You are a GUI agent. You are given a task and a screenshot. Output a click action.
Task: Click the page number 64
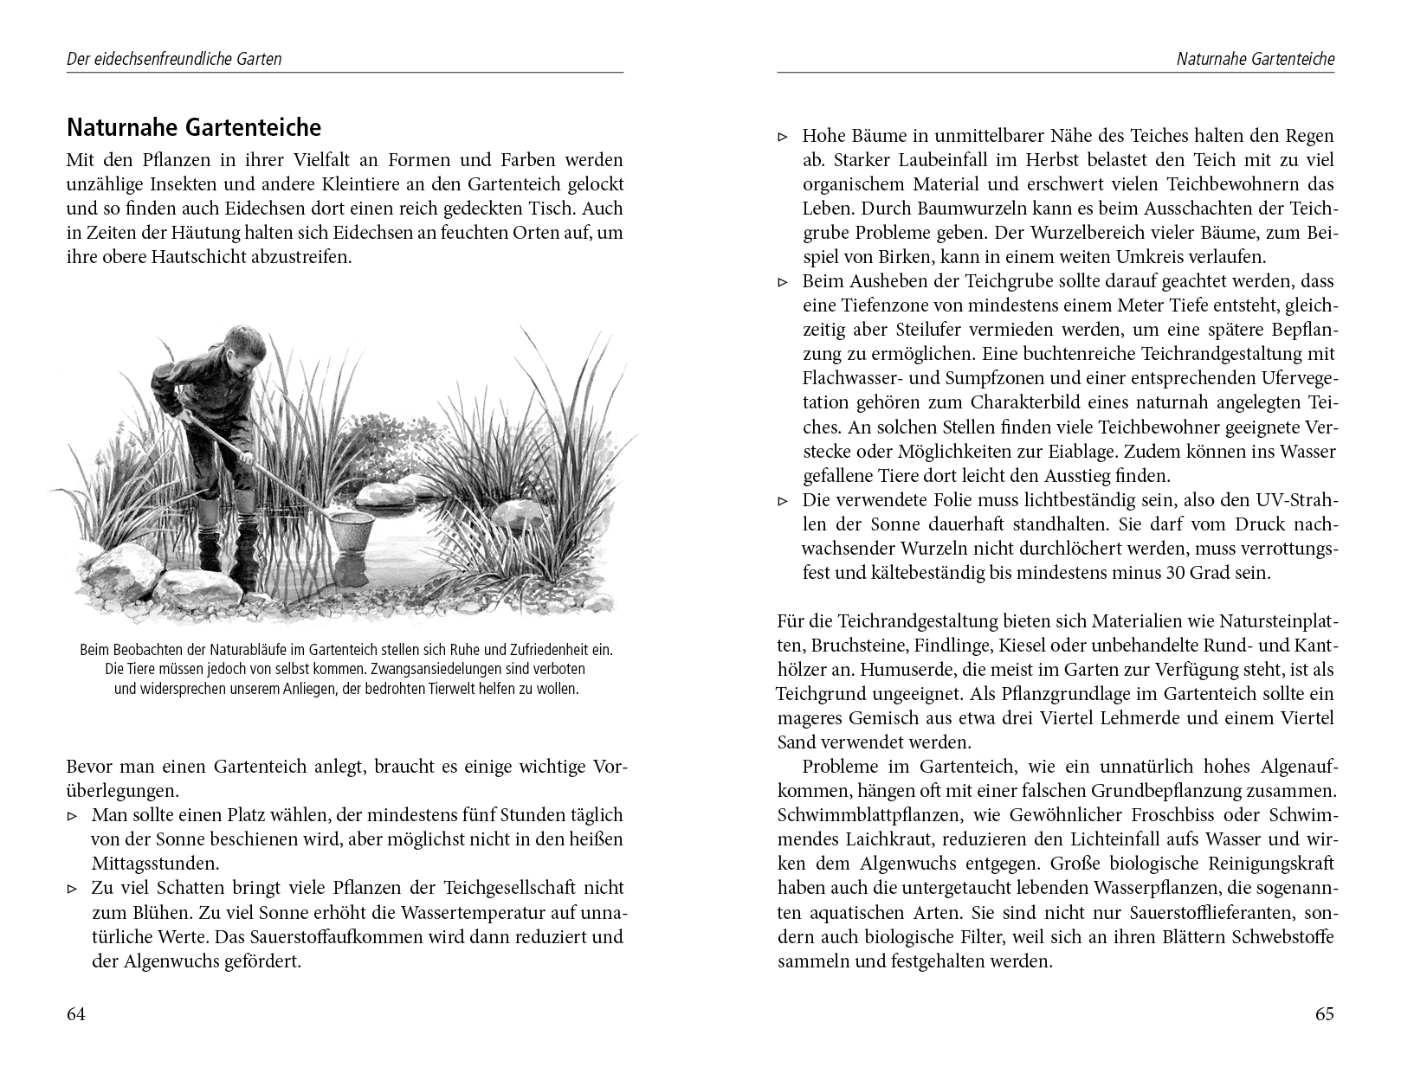[x=76, y=1015]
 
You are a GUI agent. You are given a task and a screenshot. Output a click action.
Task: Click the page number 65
[x=1325, y=1015]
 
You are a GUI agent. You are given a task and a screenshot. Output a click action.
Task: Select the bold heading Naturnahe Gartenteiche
[x=194, y=128]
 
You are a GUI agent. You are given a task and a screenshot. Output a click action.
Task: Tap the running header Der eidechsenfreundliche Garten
[x=174, y=60]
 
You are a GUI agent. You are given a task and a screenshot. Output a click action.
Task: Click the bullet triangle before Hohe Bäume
[x=783, y=137]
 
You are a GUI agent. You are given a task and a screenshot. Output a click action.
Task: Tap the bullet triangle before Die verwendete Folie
[x=783, y=500]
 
